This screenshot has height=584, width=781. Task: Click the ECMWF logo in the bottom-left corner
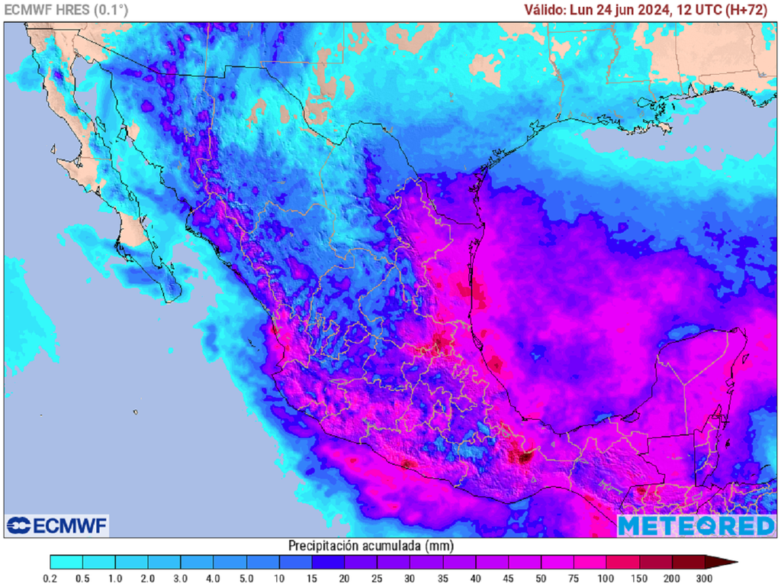pos(57,525)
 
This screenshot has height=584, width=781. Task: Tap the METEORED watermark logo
pos(696,525)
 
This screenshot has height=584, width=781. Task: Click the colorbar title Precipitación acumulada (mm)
pos(371,546)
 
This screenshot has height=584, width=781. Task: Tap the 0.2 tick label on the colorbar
pos(50,578)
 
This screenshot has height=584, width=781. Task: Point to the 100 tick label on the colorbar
pos(606,578)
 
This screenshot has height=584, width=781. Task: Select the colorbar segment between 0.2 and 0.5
pos(66,563)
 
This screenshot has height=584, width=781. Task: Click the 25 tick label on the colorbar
pos(377,578)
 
